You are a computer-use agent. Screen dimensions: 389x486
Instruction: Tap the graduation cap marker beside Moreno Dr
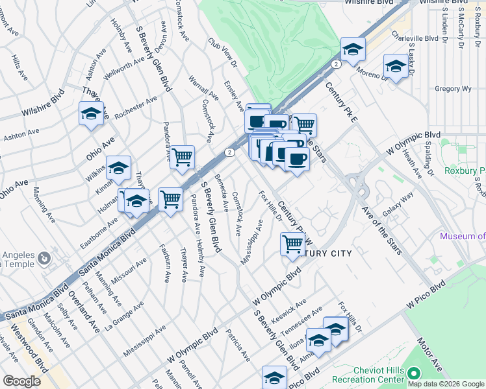(396, 66)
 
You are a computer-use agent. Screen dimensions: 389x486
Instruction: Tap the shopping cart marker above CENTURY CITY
(292, 244)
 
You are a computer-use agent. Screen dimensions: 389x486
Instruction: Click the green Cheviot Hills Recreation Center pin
(415, 373)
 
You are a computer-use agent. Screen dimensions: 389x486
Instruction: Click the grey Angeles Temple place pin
(44, 258)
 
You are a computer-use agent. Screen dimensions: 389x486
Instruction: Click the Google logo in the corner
(21, 381)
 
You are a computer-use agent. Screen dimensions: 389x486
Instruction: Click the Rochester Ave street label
(136, 108)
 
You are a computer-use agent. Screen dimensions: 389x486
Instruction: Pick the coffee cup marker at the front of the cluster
(297, 159)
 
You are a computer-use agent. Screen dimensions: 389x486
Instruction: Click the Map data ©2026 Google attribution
(446, 384)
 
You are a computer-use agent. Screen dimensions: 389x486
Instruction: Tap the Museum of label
(462, 237)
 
